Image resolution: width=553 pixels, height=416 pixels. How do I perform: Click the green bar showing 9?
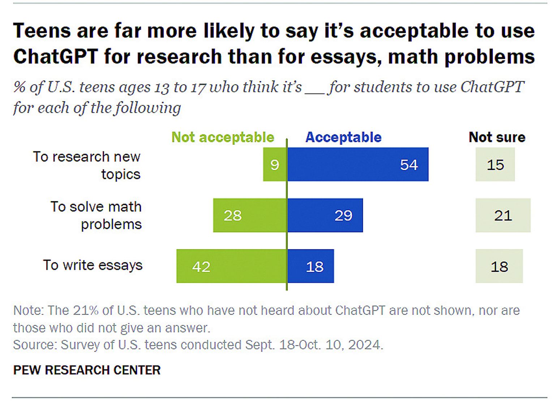click(x=275, y=164)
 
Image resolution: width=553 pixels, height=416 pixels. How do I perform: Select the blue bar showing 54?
click(x=358, y=164)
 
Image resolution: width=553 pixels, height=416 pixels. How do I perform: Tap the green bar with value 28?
click(x=250, y=215)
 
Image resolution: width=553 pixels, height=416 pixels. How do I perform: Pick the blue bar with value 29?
click(x=325, y=215)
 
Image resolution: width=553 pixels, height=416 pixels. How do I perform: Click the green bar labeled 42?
click(x=232, y=266)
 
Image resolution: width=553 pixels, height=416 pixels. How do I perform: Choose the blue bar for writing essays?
click(x=310, y=266)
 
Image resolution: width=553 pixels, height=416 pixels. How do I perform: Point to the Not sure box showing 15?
click(x=495, y=164)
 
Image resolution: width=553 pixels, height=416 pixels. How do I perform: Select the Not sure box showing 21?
click(x=503, y=215)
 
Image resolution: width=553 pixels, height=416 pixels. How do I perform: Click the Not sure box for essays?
click(x=499, y=266)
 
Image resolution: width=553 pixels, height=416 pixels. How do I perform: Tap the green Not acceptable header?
click(x=223, y=137)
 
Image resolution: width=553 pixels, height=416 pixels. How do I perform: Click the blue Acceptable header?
click(x=343, y=137)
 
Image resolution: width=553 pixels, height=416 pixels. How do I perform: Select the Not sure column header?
click(x=497, y=137)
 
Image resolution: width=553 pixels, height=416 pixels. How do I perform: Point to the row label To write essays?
click(x=93, y=265)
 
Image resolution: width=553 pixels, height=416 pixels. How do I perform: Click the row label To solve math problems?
click(x=96, y=215)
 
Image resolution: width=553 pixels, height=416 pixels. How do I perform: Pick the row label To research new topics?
click(x=87, y=166)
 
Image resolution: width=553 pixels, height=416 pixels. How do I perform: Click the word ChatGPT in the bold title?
click(x=55, y=56)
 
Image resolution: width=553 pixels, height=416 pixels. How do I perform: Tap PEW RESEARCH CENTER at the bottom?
click(x=87, y=370)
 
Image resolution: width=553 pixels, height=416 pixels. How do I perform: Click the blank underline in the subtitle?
click(x=314, y=93)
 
